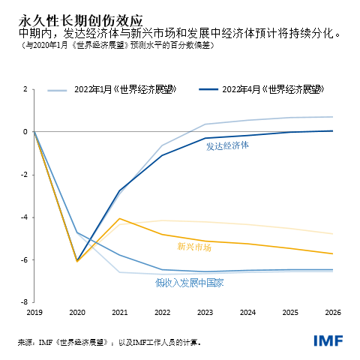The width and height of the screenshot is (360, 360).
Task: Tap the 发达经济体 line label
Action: pos(227,146)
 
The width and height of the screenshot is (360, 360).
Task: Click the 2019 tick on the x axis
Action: pos(34,310)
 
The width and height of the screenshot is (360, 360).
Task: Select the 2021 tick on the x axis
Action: pos(119,310)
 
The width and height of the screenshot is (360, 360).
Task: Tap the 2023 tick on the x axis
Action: pos(205,310)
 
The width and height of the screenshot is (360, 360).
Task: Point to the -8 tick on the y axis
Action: pos(24,302)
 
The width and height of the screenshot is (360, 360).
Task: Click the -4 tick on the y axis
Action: pos(24,217)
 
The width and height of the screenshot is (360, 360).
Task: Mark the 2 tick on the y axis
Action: pos(25,89)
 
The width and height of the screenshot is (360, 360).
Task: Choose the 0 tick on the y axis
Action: pos(25,132)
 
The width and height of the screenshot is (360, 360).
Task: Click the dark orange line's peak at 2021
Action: pos(119,218)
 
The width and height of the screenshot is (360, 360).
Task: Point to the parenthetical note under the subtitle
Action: pos(112,46)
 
